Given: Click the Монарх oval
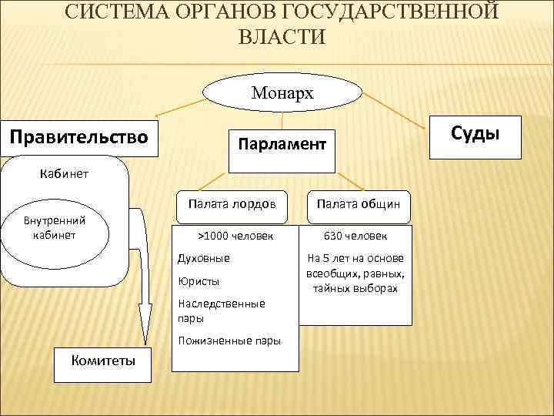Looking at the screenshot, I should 282,93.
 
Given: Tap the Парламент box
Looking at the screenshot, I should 282,143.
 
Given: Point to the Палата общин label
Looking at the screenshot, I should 355,204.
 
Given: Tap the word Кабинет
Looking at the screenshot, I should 64,173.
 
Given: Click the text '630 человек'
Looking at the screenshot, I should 355,236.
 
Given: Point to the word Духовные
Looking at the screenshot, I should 203,258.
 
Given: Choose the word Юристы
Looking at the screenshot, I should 199,281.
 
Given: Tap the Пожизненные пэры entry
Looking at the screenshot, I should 229,341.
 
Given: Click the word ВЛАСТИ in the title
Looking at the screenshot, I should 282,36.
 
